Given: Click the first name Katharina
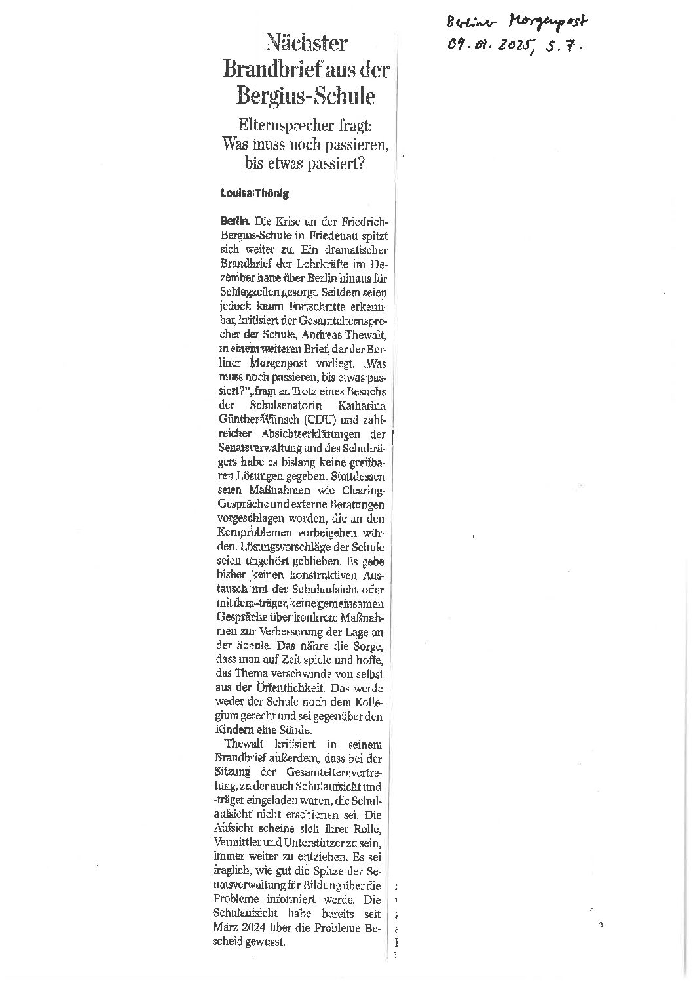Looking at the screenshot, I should pos(358,407).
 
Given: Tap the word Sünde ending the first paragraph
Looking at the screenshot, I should pos(298,729).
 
